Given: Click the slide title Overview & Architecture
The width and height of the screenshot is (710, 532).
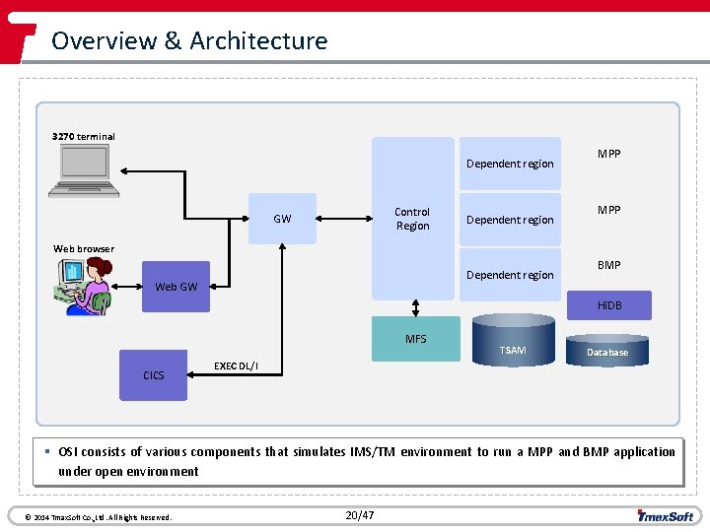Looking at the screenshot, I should [x=189, y=40].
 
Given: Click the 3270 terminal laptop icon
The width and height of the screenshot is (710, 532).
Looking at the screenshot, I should [x=89, y=169].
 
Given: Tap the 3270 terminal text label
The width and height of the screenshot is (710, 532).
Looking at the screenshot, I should [x=84, y=136].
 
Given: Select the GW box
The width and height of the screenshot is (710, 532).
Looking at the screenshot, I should [x=282, y=218].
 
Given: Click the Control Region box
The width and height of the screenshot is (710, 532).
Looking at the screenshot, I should [x=412, y=218].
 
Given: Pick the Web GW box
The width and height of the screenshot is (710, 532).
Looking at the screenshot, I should [x=177, y=287].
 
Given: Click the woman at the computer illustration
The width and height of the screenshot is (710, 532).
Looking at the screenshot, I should [x=84, y=286].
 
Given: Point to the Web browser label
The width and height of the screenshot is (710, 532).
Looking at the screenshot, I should [x=84, y=248].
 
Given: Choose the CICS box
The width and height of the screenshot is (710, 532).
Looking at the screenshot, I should [x=154, y=375].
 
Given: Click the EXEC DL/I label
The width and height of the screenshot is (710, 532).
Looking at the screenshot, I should [x=236, y=366].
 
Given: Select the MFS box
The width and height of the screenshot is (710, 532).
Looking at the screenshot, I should [x=415, y=339].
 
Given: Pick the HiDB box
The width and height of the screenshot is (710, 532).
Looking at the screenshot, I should [x=609, y=304].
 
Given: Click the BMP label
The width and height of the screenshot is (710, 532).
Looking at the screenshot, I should [x=609, y=265].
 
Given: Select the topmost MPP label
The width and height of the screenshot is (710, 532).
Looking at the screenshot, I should [x=609, y=154].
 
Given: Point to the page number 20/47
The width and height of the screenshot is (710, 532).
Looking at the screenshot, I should [x=360, y=515].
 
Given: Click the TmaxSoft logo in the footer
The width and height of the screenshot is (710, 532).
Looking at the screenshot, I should [x=666, y=515].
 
